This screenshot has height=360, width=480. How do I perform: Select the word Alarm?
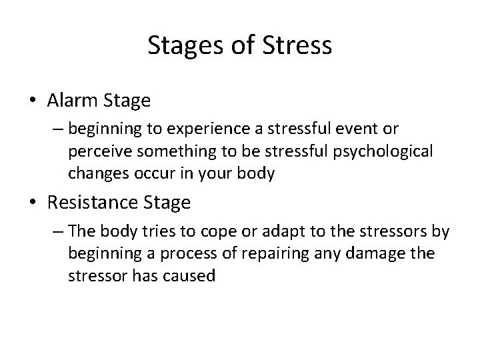click(73, 101)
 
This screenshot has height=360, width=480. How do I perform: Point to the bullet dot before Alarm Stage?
click(33, 101)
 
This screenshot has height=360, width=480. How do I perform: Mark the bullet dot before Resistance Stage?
click(33, 201)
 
